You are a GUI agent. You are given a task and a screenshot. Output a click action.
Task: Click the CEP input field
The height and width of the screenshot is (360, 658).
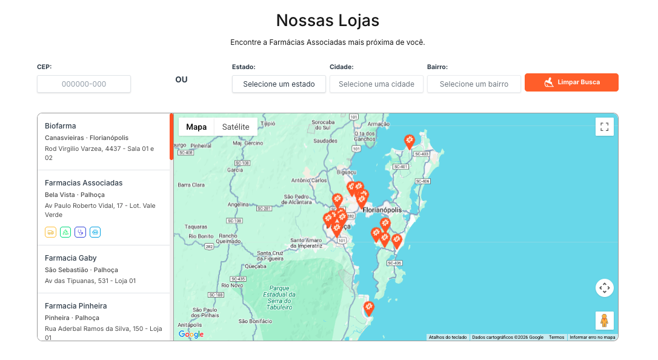(84, 84)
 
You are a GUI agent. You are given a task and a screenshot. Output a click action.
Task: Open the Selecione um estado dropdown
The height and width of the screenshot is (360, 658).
(279, 84)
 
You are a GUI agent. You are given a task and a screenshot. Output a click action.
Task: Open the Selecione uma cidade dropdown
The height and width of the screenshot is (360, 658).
(376, 84)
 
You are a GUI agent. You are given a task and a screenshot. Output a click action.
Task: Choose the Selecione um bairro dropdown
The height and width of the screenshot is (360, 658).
(474, 84)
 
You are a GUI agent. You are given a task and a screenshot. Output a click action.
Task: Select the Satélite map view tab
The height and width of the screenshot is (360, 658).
(236, 127)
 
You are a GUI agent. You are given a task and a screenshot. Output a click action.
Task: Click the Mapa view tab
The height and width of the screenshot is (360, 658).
(196, 127)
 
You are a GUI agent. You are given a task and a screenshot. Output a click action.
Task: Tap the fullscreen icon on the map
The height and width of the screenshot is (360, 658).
(604, 127)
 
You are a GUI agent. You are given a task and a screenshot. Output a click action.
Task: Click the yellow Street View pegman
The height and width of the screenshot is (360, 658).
(604, 320)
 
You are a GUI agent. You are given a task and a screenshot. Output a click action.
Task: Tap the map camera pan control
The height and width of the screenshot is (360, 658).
(604, 288)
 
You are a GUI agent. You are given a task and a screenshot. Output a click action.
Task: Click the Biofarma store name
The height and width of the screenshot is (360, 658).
(61, 126)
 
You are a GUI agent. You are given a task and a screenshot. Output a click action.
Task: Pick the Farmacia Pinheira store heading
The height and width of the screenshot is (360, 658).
(76, 306)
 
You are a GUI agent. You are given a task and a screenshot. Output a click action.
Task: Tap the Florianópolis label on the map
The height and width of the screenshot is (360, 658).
(382, 210)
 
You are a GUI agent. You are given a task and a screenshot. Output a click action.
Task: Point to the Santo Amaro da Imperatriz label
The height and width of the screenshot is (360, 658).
(314, 244)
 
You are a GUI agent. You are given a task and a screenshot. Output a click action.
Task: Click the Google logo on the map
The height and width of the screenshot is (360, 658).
(191, 335)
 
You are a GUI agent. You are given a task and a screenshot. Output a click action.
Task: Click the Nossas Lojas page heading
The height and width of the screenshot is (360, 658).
(327, 21)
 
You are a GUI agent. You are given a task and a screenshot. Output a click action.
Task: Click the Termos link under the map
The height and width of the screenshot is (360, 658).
(556, 337)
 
